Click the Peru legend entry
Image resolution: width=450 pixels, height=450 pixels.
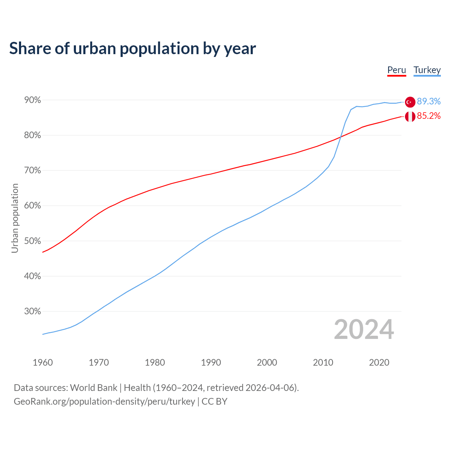tap(397, 70)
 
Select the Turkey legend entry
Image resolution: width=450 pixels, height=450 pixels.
tap(427, 70)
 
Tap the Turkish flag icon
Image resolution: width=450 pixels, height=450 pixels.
tap(410, 102)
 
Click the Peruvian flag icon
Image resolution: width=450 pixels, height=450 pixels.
tap(410, 116)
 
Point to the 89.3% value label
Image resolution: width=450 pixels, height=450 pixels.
tap(429, 102)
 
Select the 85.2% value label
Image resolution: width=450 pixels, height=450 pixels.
tap(429, 116)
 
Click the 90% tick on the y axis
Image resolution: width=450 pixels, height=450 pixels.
tap(33, 100)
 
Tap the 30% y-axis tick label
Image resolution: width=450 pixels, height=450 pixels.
tap(33, 311)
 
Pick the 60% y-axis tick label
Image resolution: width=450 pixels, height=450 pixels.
tap(33, 206)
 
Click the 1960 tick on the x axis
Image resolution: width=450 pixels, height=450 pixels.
tap(43, 362)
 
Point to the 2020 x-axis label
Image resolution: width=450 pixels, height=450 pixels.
tap(379, 362)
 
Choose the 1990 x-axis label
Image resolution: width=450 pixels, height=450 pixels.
tap(211, 362)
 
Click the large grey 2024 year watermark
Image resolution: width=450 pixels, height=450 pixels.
tap(364, 329)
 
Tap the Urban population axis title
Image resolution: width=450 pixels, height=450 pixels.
tap(15, 218)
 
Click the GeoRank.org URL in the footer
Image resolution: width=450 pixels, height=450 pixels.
tap(104, 401)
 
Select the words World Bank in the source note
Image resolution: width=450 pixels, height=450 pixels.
tap(94, 387)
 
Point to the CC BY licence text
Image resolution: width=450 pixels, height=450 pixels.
tap(214, 401)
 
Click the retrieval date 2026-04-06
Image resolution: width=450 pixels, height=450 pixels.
tap(271, 387)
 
